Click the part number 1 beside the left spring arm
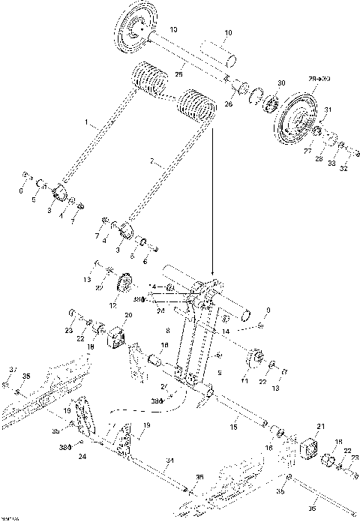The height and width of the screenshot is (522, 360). [x=87, y=121]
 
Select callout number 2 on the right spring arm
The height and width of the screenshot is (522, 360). [x=152, y=161]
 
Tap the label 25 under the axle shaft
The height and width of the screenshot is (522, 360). [x=179, y=74]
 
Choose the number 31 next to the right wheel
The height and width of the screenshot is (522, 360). [x=327, y=110]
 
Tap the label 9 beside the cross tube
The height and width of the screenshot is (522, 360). [x=268, y=309]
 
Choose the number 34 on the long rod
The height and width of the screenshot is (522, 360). [x=170, y=460]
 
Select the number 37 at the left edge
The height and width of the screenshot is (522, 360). [x=13, y=367]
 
